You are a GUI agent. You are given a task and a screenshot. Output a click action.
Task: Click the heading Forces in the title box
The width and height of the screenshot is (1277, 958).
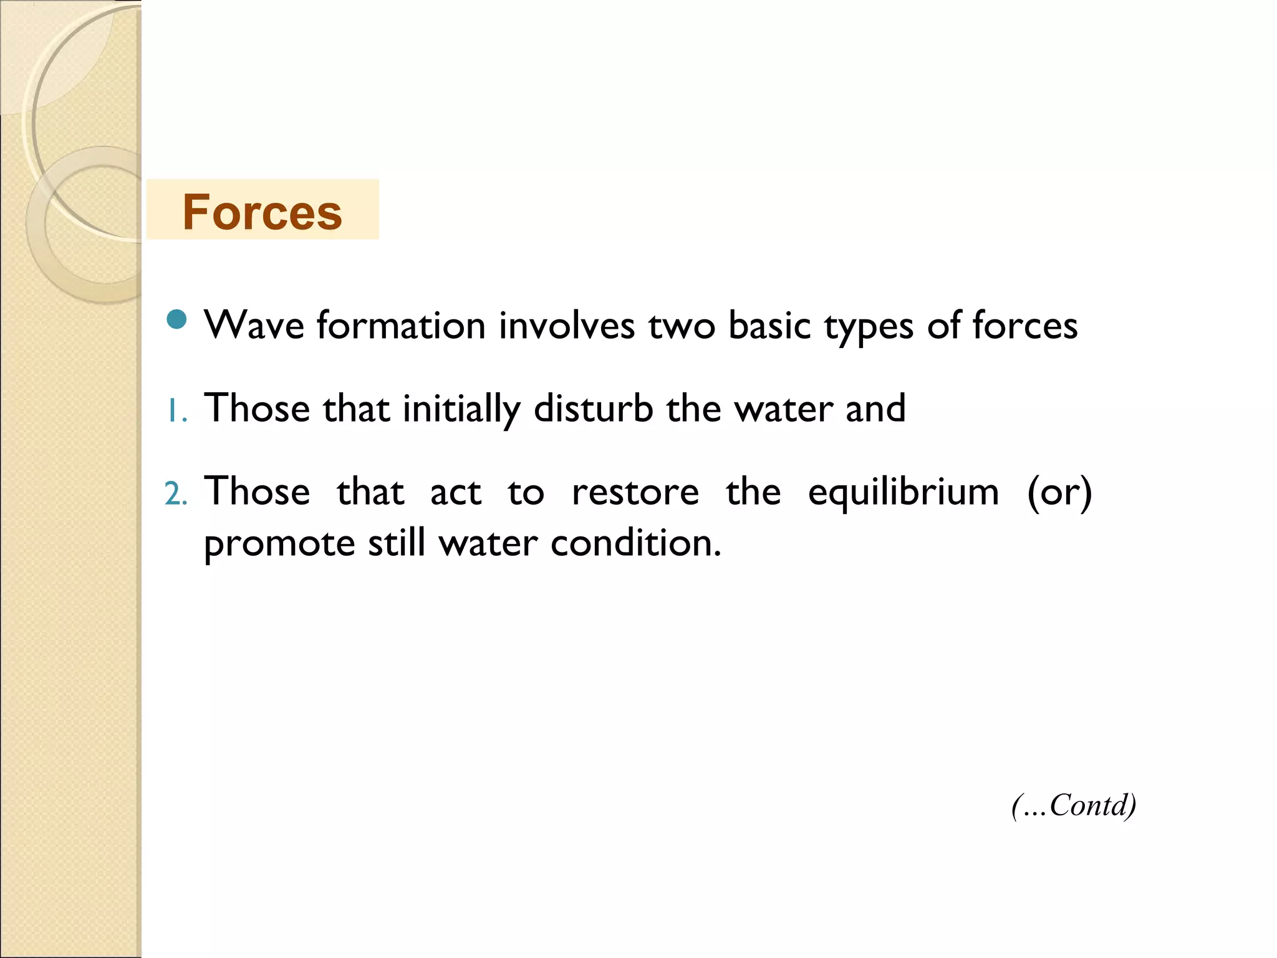(262, 212)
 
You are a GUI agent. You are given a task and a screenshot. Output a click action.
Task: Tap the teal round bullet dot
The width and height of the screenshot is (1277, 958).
(177, 319)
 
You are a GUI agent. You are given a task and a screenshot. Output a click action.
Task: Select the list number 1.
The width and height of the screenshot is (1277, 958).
(176, 412)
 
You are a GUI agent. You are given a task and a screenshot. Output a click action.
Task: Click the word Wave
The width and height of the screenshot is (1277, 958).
(254, 326)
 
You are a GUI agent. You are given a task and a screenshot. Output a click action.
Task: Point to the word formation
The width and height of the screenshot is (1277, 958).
(401, 326)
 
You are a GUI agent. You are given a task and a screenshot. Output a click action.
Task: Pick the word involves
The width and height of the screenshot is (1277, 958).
(566, 326)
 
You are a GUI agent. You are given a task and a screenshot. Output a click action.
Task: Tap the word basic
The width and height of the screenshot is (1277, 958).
(769, 326)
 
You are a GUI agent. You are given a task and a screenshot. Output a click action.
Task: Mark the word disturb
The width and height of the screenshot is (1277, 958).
(593, 409)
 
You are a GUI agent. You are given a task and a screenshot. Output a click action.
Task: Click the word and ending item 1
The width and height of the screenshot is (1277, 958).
(875, 409)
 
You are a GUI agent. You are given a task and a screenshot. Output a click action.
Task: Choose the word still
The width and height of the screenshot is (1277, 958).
(397, 543)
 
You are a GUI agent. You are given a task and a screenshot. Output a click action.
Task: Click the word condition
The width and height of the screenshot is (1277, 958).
(635, 543)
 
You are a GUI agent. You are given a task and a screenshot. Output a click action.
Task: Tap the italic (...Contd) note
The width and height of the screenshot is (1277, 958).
(1074, 805)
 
